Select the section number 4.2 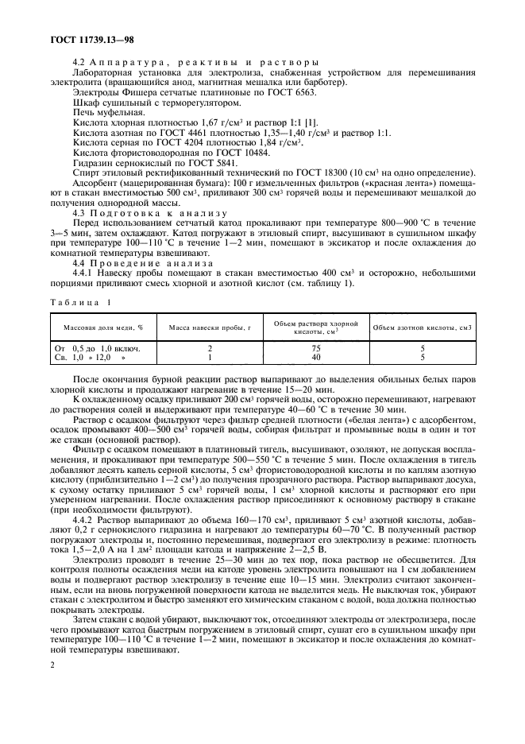pos(79,62)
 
